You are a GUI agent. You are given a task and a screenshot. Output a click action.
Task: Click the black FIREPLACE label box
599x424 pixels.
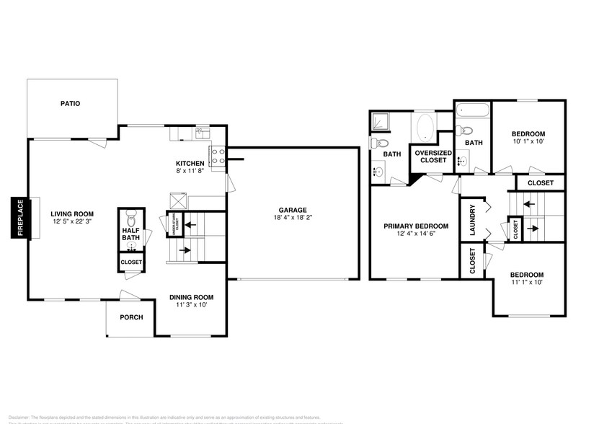[x=19, y=218]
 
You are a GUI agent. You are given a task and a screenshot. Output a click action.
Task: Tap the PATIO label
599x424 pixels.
[x=70, y=104]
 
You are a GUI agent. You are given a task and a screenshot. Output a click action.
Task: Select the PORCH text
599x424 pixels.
[x=131, y=317]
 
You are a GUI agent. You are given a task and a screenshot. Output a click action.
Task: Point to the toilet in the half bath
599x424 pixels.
[x=131, y=218]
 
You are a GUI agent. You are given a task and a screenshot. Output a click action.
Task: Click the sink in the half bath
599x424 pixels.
[x=131, y=245]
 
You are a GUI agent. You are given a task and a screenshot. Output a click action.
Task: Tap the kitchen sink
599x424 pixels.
[x=203, y=133]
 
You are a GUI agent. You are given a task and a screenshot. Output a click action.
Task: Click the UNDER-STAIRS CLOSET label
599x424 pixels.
[x=174, y=224]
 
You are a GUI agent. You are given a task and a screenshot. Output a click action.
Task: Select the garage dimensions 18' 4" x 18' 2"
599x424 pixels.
[x=293, y=217]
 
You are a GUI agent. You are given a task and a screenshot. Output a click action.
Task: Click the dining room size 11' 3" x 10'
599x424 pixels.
[x=192, y=306]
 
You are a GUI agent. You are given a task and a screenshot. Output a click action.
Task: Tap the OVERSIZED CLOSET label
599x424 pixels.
[x=433, y=156]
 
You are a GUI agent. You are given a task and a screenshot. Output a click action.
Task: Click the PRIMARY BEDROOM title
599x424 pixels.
[x=415, y=226]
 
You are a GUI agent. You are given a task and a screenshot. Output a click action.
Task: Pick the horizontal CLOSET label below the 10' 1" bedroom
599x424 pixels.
[x=540, y=183]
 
